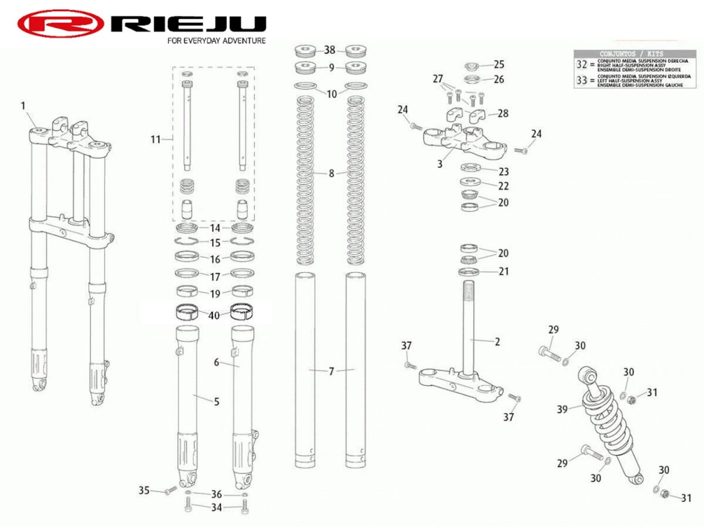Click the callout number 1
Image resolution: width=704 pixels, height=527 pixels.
(23, 106)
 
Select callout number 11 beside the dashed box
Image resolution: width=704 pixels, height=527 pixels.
(155, 139)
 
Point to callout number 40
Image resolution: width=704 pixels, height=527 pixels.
(214, 315)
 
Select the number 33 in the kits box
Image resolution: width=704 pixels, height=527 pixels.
(581, 80)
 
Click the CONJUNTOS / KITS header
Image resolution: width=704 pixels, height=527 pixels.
(631, 53)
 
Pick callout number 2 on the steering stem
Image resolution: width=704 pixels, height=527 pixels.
(497, 342)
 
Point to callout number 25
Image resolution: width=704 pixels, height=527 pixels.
(499, 64)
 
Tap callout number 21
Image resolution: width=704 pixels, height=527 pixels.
(503, 271)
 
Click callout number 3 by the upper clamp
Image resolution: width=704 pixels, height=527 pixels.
(440, 164)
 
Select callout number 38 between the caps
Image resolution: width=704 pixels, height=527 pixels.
(330, 50)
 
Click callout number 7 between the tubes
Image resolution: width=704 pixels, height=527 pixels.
(331, 371)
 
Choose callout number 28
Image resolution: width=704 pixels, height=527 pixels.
(503, 113)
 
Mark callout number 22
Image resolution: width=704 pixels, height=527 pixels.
(503, 186)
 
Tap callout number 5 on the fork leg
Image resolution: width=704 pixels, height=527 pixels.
(216, 401)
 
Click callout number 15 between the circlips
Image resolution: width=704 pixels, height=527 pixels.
(215, 243)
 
